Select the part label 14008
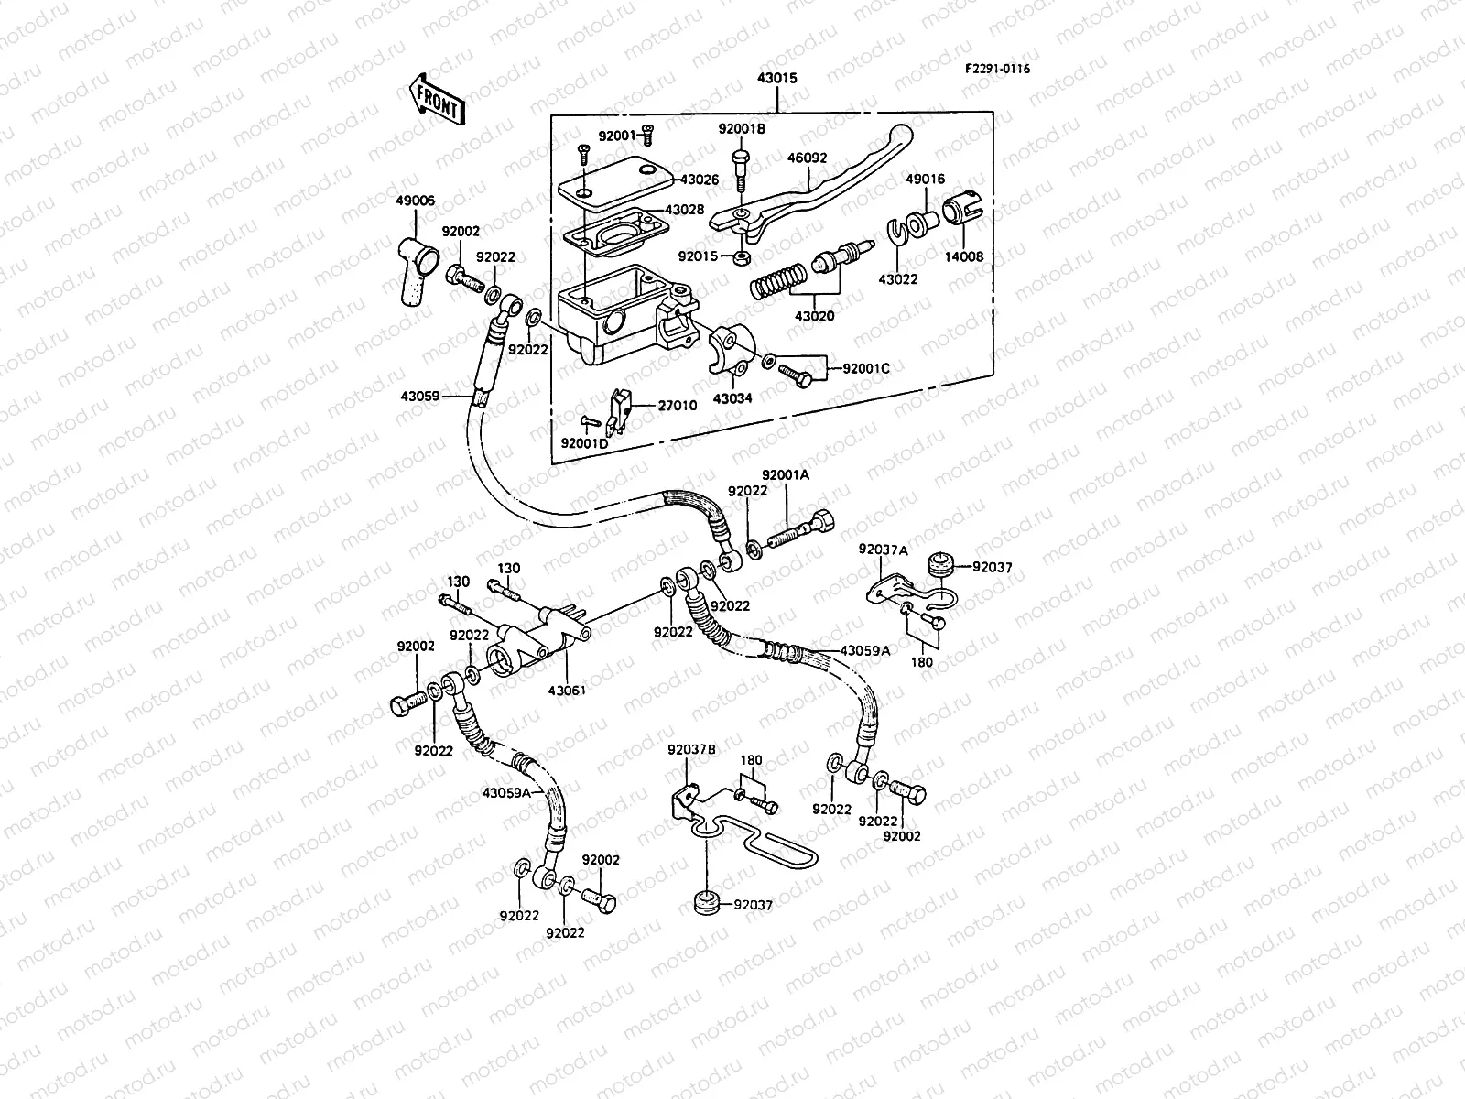[x=964, y=257]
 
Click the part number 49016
[x=926, y=180]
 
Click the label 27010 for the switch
[x=678, y=405]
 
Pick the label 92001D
[x=584, y=443]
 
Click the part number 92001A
[x=785, y=474]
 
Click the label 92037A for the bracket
[x=883, y=549]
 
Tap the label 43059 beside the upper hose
[x=419, y=397]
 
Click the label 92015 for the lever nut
[x=699, y=255]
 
